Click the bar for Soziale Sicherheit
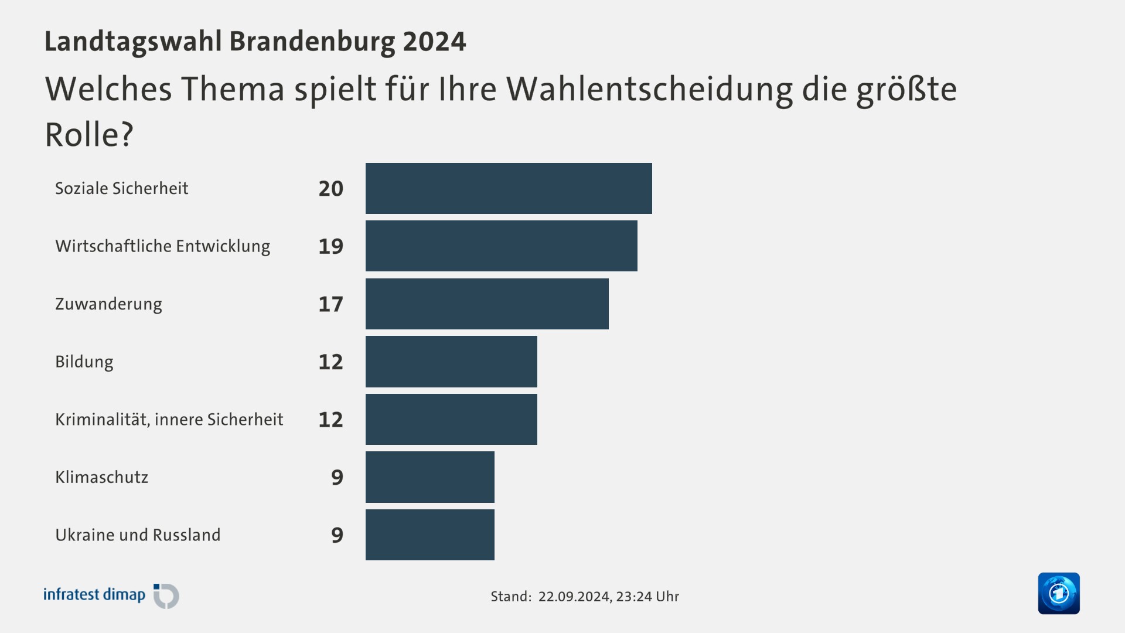pos(509,188)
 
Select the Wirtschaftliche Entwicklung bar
pos(501,246)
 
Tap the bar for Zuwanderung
pos(487,304)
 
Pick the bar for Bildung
pos(451,361)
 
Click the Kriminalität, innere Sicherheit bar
pos(451,419)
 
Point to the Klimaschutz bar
pos(429,477)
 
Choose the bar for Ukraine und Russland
pos(429,535)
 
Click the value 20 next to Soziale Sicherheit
pos(330,189)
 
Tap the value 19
pos(330,246)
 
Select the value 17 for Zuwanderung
pos(330,304)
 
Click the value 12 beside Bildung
pos(330,362)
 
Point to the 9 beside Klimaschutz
pos(337,477)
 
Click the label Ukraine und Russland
pos(138,535)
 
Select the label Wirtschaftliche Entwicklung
pos(163,246)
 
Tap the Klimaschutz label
pos(101,477)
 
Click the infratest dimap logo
pos(111,595)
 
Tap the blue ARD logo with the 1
pos(1058,593)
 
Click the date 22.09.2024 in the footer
pos(574,597)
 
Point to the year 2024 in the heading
pos(434,42)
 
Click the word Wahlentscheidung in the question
pos(649,89)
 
